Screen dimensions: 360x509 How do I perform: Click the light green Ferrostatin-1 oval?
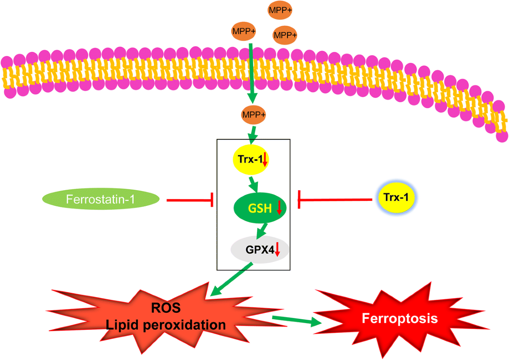tap(101, 199)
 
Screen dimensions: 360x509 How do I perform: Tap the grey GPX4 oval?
tap(259, 250)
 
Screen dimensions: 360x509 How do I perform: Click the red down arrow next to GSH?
tap(279, 208)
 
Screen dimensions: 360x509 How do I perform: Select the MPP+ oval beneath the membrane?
tap(254, 115)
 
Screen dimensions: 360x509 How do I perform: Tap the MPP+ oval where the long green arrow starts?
tap(243, 31)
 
